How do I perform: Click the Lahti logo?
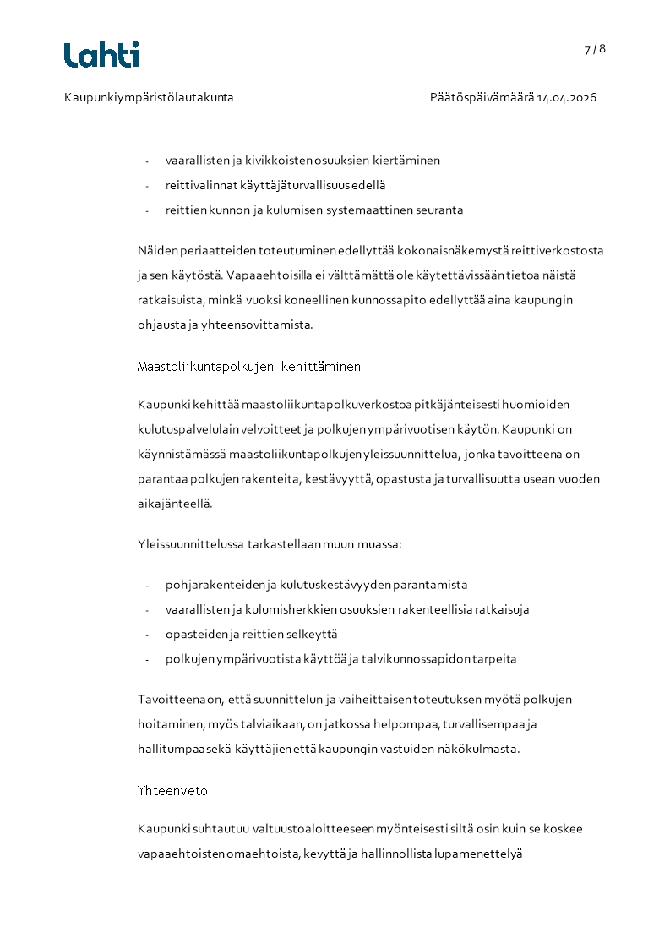101,55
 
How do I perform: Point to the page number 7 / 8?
595,49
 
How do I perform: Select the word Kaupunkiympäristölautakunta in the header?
149,97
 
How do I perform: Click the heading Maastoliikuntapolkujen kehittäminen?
249,367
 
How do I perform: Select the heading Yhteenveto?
172,791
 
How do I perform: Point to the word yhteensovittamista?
262,325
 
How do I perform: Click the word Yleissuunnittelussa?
192,543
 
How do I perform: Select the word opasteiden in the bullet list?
193,634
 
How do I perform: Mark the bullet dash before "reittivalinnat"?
147,186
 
